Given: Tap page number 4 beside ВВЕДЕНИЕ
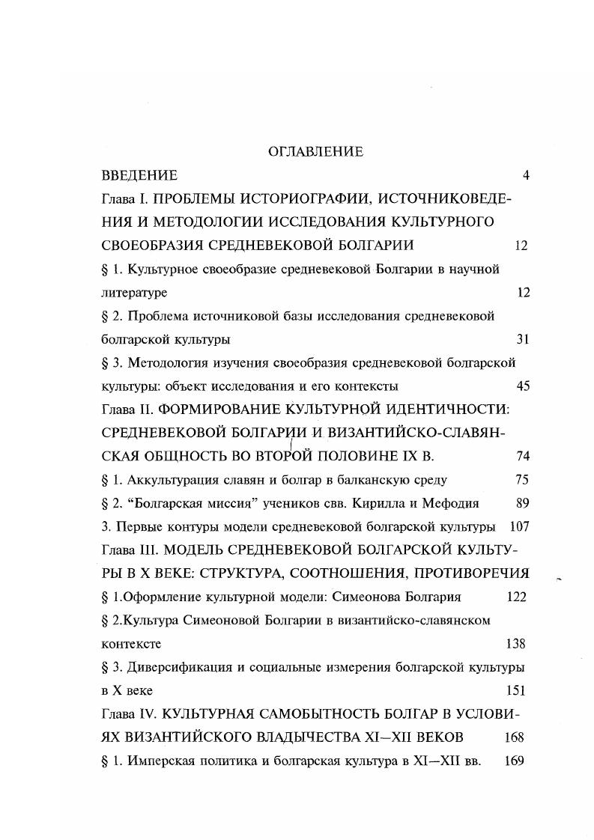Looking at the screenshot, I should click(526, 176).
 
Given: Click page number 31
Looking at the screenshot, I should click(523, 339).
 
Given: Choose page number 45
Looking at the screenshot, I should click(523, 386).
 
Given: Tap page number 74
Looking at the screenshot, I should click(523, 457).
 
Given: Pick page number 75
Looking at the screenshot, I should click(523, 480).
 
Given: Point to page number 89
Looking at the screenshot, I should click(523, 503).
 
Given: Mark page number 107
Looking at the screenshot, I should click(519, 526).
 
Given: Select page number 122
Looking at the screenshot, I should click(515, 597).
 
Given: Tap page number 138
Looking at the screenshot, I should click(515, 644).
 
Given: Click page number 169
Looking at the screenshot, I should click(514, 761).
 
